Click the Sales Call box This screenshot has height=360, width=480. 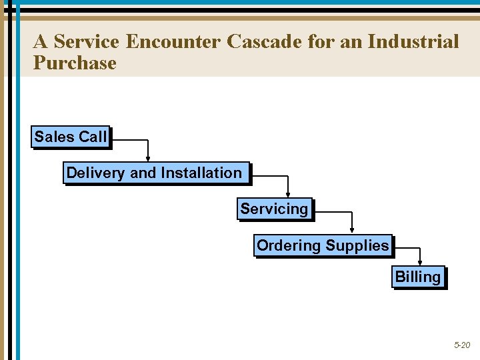(x=71, y=137)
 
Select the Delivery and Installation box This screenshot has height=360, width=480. (x=156, y=173)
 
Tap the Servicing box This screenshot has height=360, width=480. (x=275, y=209)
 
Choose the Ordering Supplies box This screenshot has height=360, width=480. (x=323, y=246)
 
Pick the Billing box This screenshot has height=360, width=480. (x=418, y=277)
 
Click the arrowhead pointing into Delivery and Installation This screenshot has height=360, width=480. (x=148, y=159)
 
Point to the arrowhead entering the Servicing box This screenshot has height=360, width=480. (x=287, y=195)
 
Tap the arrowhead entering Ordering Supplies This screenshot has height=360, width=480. (x=351, y=231)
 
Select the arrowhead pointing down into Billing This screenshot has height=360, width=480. (x=420, y=262)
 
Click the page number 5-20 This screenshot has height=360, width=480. (x=461, y=345)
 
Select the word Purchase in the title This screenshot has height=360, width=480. (x=75, y=63)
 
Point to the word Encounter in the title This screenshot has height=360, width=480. (x=173, y=42)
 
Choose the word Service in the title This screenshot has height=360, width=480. (x=86, y=42)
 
